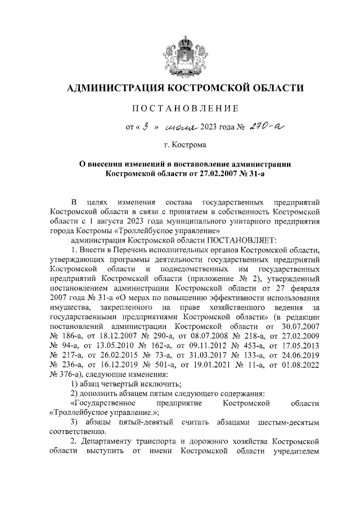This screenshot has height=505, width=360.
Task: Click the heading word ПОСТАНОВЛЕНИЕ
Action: point(186,108)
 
